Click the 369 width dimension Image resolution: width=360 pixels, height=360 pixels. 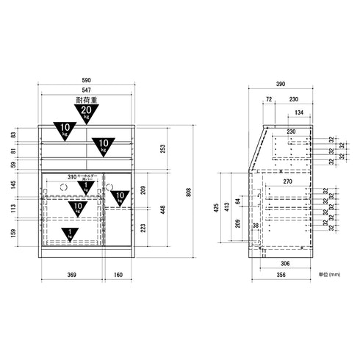pos(71,276)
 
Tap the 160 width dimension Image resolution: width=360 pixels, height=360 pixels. pos(118,276)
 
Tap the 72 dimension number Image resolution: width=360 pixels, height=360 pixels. pos(268,98)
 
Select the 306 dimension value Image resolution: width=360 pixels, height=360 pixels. pos(283,263)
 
